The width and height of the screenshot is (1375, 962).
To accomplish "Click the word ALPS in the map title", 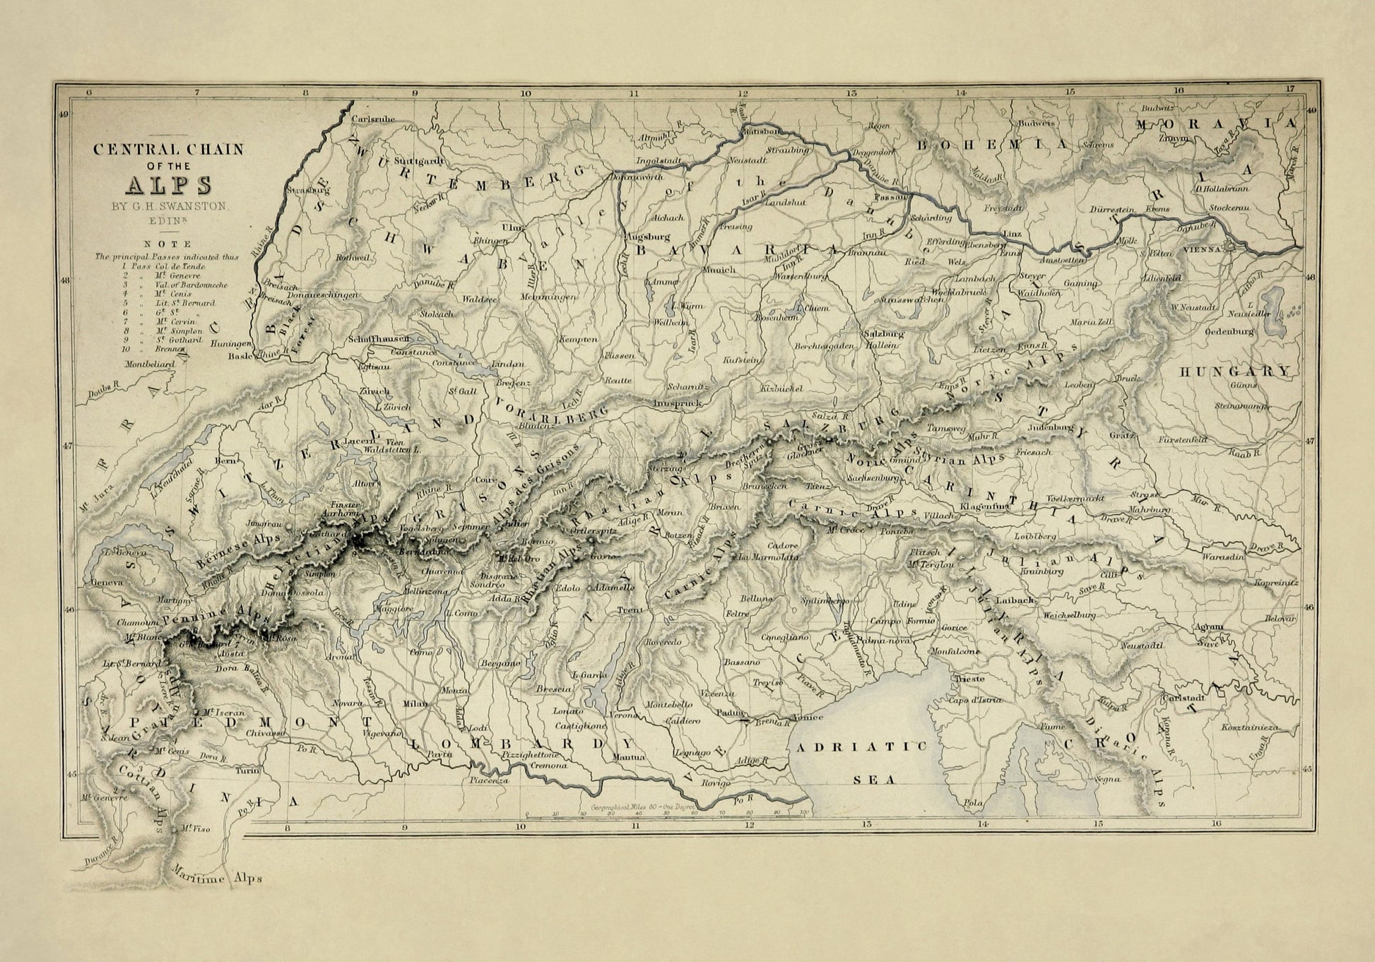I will [169, 184].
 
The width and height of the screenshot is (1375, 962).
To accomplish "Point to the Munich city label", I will [719, 270].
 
